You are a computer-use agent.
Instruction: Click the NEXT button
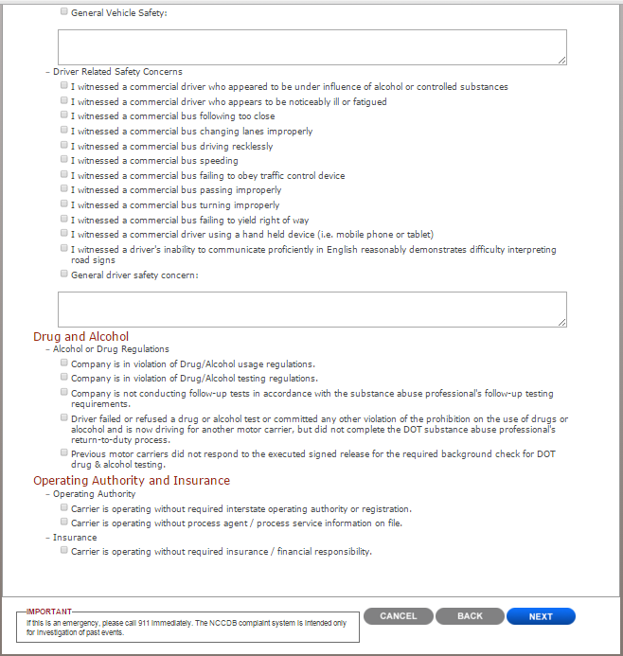[541, 616]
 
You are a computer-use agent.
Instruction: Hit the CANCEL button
[398, 616]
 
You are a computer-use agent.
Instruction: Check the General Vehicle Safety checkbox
[64, 12]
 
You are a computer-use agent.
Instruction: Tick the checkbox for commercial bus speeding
[64, 161]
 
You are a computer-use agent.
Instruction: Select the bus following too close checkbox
[64, 116]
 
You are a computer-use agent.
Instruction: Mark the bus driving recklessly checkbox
[64, 146]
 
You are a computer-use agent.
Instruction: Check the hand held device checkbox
[64, 234]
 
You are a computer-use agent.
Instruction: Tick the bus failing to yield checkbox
[64, 220]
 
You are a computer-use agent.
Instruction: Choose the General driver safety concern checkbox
[64, 275]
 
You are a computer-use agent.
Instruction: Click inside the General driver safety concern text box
[311, 309]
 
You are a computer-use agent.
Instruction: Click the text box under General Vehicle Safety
[311, 46]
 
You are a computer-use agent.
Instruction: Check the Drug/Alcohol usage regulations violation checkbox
[64, 363]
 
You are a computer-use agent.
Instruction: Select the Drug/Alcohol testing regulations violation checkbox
[64, 378]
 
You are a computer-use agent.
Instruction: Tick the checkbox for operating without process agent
[64, 522]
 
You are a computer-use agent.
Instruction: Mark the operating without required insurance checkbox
[64, 551]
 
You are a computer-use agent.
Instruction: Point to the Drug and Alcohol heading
[81, 336]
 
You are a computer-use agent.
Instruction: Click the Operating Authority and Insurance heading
[132, 480]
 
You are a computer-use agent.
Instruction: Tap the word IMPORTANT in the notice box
[48, 612]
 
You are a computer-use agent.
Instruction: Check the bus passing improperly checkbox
[64, 190]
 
